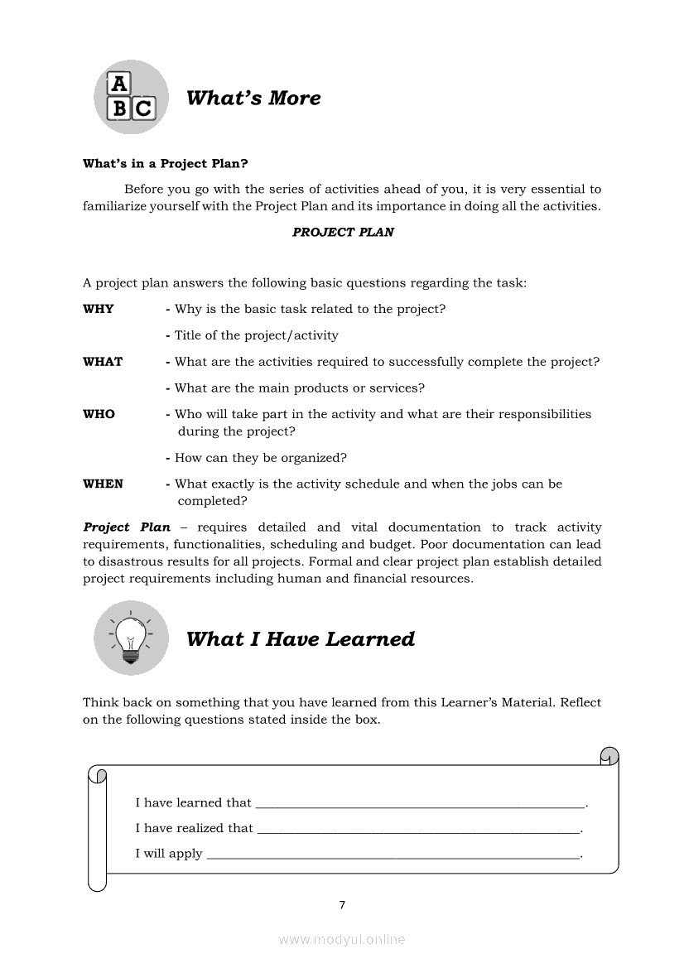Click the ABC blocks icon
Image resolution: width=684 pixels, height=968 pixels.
coord(131,97)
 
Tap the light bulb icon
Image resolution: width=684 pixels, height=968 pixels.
coord(131,638)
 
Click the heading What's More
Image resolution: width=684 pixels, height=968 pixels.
coord(253,98)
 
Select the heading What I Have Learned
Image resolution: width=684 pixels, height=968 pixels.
coord(300,639)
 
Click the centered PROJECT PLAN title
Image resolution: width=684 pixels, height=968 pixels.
coord(343,233)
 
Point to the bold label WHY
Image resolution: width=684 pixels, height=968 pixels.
coord(99,309)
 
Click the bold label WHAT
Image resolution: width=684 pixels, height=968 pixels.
coord(103,362)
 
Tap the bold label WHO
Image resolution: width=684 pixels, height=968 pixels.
coord(99,414)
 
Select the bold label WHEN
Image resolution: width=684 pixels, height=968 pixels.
coord(103,484)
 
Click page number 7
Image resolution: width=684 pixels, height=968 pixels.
coord(342,905)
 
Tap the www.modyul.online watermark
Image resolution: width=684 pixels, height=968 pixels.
coord(342,939)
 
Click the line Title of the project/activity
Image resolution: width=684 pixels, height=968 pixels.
coord(256,335)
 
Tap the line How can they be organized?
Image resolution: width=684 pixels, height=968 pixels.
coord(260,458)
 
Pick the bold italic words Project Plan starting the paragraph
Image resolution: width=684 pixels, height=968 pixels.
coord(127,527)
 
